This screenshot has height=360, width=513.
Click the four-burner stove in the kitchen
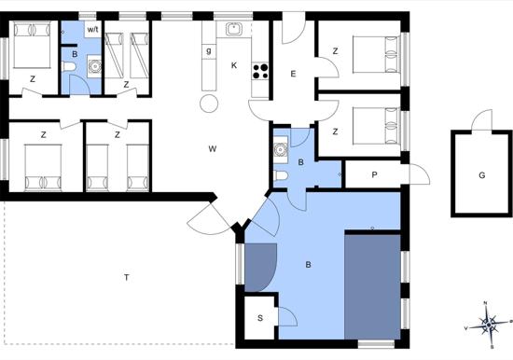coord(260,71)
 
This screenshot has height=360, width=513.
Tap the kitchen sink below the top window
coord(233,29)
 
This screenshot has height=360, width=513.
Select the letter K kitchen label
coord(234,65)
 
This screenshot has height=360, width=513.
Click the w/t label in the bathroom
coord(93,30)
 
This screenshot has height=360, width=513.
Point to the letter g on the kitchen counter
coord(209,51)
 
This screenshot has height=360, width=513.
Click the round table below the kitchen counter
coord(209,104)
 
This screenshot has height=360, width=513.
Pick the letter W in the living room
coord(213,149)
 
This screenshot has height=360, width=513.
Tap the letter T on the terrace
coord(127,278)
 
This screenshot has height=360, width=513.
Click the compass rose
coord(488,325)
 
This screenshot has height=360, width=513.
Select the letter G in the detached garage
coord(481,175)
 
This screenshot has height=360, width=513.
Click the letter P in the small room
coord(374,175)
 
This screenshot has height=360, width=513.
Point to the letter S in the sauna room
coord(260,318)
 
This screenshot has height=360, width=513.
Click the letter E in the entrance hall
coord(293,74)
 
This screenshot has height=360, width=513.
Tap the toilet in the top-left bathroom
coord(68,67)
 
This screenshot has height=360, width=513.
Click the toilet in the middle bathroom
coord(281,175)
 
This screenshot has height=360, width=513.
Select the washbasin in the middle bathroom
coord(281,149)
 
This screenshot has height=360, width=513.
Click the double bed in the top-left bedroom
coord(32,45)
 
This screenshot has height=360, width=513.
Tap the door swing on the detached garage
coord(481,119)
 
